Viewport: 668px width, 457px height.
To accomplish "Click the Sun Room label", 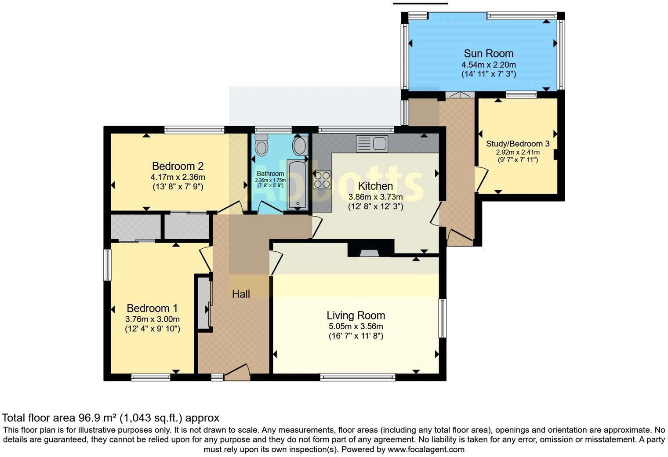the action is [489, 53].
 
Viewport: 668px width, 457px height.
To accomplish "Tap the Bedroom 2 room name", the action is [178, 166].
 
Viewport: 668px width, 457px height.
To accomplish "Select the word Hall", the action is [241, 294].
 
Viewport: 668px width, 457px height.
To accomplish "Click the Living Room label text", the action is [356, 316].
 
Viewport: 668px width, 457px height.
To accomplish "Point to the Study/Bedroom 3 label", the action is [518, 144].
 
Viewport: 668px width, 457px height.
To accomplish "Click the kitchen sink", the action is [372, 144].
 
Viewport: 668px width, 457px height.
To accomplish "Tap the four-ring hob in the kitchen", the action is [322, 180].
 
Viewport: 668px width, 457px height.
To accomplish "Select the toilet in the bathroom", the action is [261, 145].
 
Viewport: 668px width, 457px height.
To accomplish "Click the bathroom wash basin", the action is [300, 145].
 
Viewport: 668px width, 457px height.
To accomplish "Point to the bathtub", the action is [298, 185].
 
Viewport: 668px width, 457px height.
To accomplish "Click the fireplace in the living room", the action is [370, 248].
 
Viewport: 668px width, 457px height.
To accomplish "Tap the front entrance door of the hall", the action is [237, 372].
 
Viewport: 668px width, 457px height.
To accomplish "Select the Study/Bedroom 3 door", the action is [481, 179].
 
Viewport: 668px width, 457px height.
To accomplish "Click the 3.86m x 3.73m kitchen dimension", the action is [375, 197].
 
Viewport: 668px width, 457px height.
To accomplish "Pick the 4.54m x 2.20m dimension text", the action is [489, 65].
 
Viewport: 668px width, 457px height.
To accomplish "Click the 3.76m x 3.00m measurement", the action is [152, 319].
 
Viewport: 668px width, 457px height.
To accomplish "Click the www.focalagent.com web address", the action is [426, 449].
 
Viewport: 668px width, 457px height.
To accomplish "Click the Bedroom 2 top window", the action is [194, 130].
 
